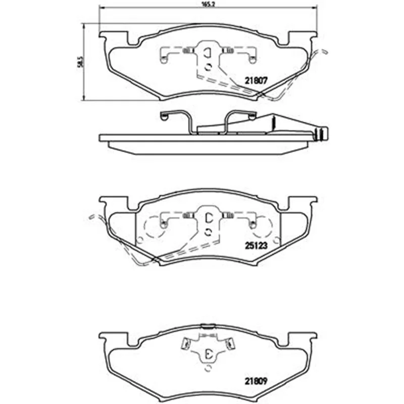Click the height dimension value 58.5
(x=81, y=62)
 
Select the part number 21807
(x=256, y=81)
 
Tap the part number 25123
(x=256, y=246)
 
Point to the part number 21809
(x=256, y=381)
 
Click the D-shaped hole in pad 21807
(x=208, y=53)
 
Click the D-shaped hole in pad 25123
(x=209, y=218)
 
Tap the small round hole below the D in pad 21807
(x=208, y=67)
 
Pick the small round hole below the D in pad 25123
(x=209, y=232)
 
